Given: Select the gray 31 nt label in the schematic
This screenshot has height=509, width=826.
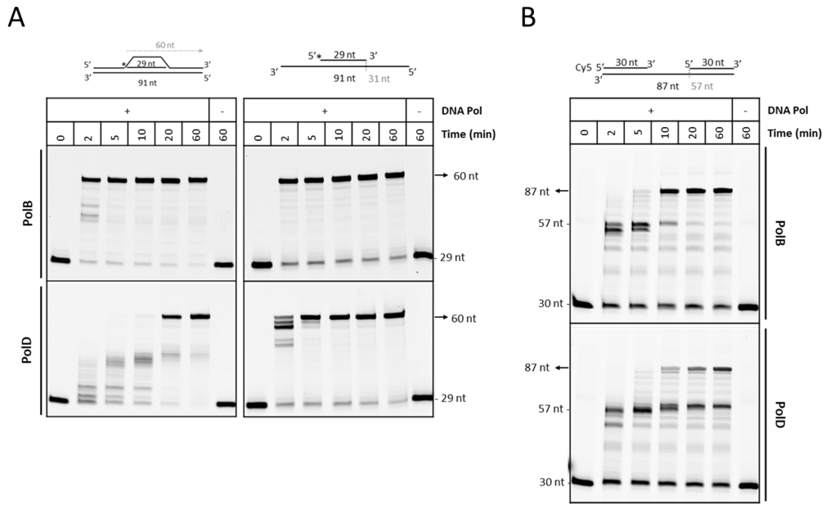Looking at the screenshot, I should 379,79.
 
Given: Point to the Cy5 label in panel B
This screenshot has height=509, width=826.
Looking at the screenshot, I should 583,68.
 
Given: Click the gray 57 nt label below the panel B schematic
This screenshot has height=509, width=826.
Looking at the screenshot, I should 702,86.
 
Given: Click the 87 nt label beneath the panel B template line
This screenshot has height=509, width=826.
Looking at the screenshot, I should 668,86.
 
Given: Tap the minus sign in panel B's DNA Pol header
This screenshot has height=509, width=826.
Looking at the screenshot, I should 745,110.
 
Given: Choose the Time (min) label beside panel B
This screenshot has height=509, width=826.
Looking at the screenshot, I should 794,133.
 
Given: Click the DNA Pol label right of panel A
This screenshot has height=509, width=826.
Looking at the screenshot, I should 462,111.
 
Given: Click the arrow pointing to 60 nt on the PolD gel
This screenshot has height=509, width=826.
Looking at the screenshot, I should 441,317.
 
